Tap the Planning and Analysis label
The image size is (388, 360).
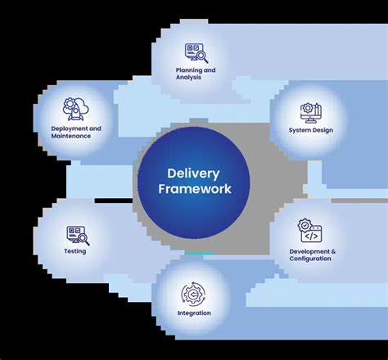pyautogui.click(x=195, y=73)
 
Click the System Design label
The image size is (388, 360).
pyautogui.click(x=310, y=130)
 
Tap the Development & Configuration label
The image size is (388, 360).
pyautogui.click(x=311, y=254)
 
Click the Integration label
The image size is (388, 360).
pyautogui.click(x=194, y=313)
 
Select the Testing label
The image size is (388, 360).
pyautogui.click(x=74, y=251)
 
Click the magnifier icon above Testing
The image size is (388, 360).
pyautogui.click(x=79, y=235)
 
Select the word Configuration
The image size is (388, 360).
pyautogui.click(x=311, y=258)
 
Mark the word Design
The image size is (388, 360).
pyautogui.click(x=322, y=130)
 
